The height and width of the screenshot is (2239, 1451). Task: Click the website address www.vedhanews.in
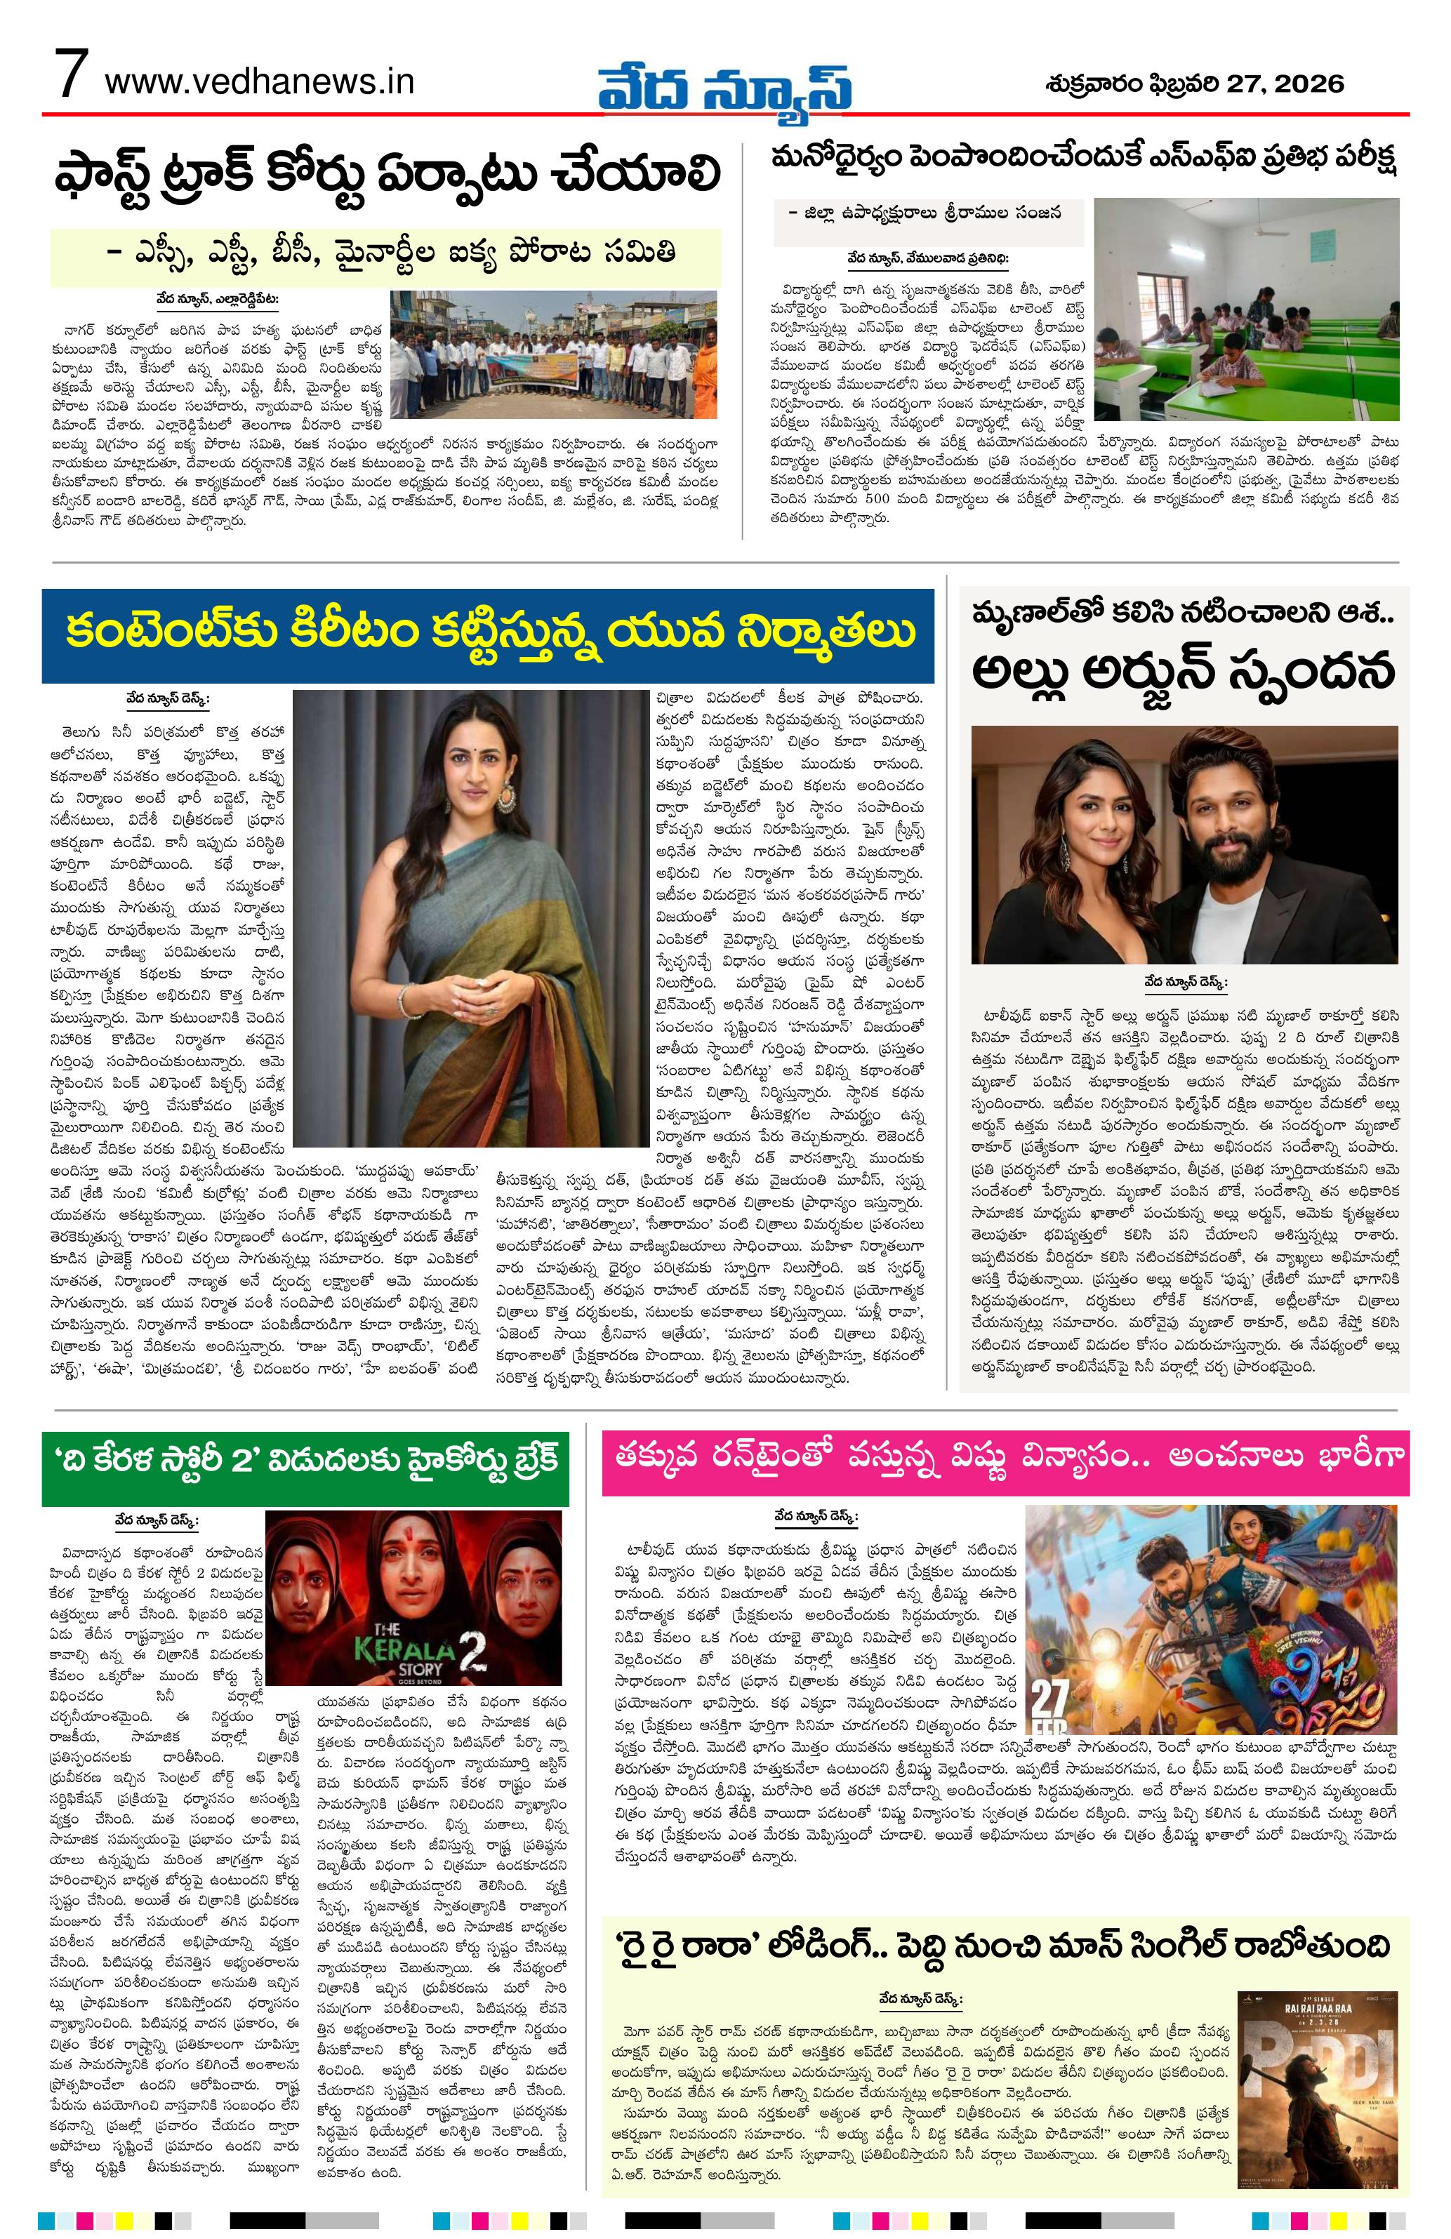click(x=260, y=82)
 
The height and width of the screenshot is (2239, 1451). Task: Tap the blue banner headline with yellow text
click(x=487, y=635)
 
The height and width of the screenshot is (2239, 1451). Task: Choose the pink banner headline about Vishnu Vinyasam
click(x=1006, y=1461)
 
